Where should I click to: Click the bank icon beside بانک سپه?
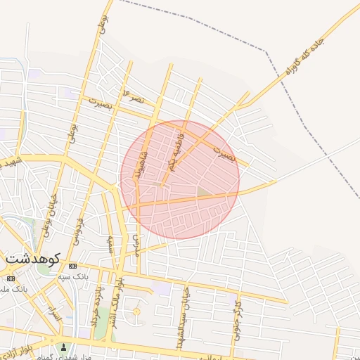coord(73,266)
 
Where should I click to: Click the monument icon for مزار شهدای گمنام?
coord(64,347)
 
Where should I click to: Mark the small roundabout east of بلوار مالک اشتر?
coord(136,311)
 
